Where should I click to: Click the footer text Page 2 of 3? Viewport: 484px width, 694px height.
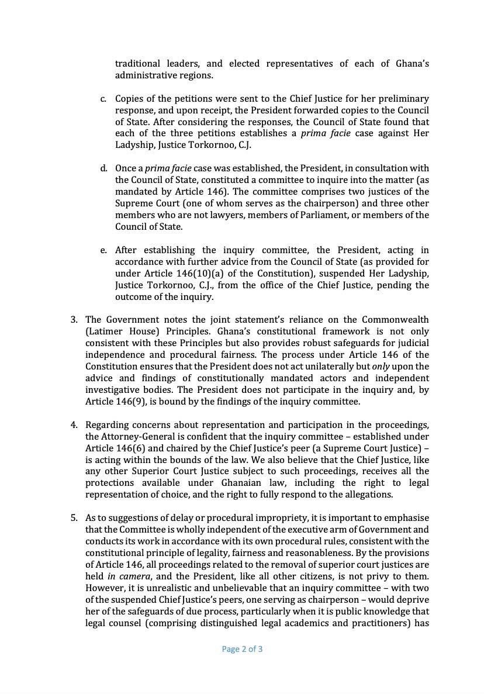(242, 648)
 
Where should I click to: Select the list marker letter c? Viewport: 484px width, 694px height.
(103, 99)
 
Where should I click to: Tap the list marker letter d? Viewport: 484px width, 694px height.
(103, 168)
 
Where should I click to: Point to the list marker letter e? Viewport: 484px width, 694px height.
(103, 250)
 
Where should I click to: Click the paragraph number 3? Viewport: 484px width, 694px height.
(74, 320)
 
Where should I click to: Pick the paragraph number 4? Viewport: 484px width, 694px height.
(74, 424)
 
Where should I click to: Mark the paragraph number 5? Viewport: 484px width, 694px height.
(74, 517)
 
